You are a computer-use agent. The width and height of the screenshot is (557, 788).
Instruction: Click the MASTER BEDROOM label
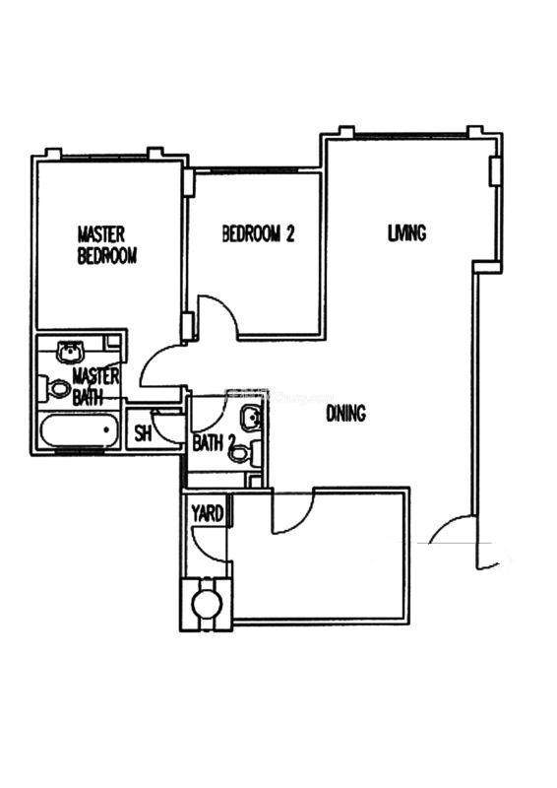[106, 245]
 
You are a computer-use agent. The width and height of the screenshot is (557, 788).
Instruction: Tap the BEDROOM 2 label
[258, 233]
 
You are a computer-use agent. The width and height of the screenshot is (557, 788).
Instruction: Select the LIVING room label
[406, 232]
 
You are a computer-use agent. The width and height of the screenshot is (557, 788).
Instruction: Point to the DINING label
[346, 413]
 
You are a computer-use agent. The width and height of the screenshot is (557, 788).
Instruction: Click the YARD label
[207, 513]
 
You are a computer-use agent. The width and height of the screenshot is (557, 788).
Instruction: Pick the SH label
[143, 433]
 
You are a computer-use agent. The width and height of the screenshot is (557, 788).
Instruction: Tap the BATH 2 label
[214, 443]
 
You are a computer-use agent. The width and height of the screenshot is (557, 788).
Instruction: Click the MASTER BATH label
[95, 386]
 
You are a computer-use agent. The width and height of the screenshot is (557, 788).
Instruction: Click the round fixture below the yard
[207, 604]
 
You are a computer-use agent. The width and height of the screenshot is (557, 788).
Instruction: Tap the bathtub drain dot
[106, 430]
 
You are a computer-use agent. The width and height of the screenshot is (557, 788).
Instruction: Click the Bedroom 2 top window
[254, 170]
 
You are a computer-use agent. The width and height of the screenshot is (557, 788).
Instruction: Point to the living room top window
[410, 135]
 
